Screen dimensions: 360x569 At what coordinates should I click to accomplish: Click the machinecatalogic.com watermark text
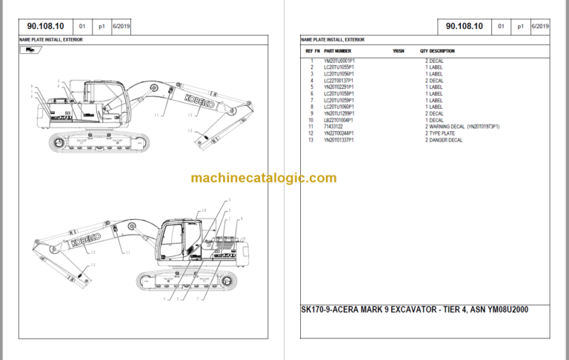(263, 177)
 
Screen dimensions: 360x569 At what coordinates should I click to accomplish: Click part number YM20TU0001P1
(340, 60)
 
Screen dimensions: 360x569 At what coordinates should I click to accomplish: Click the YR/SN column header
(398, 51)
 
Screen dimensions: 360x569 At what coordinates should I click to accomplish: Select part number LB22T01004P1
(339, 120)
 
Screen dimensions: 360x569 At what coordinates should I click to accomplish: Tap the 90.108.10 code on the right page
(465, 27)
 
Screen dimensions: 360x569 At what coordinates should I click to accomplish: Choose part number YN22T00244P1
(339, 133)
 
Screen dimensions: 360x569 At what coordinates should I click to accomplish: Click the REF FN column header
(313, 51)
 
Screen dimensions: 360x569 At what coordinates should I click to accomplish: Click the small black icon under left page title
(30, 50)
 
